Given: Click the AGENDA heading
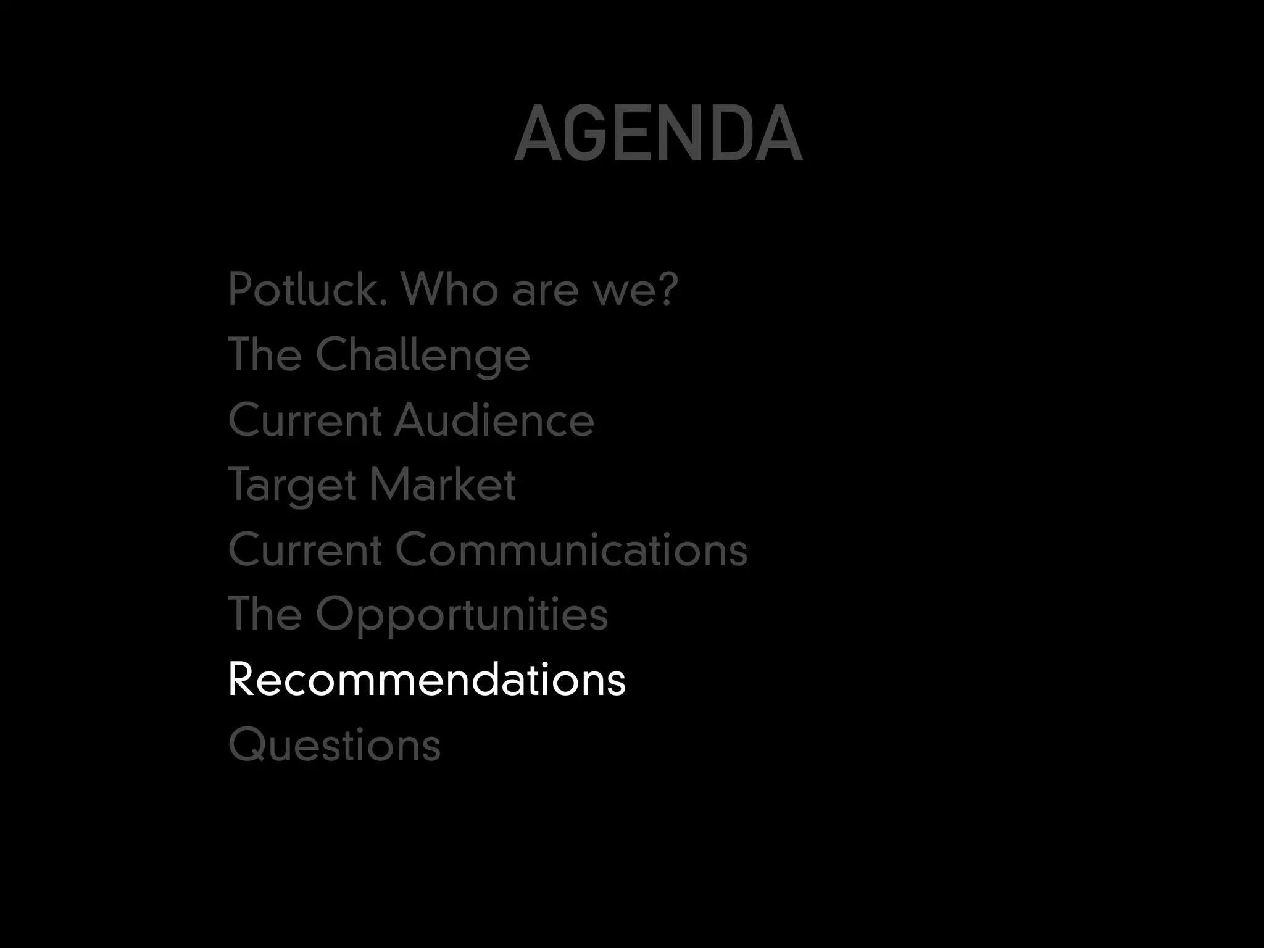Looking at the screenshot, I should tap(658, 134).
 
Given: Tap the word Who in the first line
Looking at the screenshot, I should tap(449, 289).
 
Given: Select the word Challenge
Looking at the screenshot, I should tap(423, 356).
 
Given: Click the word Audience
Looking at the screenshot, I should tap(494, 420).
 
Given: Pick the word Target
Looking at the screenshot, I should tap(292, 486).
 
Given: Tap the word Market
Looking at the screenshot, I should tap(443, 484).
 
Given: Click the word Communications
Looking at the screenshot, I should tap(571, 550).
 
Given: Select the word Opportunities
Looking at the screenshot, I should tap(462, 615).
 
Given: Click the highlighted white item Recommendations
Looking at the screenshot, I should tap(426, 680).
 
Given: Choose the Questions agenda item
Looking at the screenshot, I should tap(335, 745).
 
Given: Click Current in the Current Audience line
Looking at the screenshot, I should tap(305, 420).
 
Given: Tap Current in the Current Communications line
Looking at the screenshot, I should tap(305, 550).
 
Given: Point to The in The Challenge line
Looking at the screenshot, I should tap(265, 355).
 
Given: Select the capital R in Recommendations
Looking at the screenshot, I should tap(242, 680).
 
